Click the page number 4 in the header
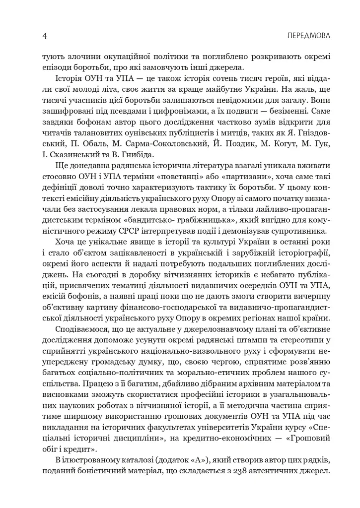click(x=45, y=36)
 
